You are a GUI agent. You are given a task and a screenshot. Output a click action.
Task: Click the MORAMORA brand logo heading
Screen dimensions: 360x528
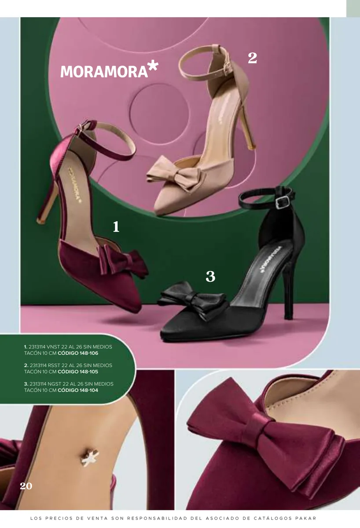pyautogui.click(x=109, y=69)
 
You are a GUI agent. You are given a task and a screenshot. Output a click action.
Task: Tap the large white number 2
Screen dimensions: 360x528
pyautogui.click(x=252, y=58)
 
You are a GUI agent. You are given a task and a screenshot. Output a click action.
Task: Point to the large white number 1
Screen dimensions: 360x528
pyautogui.click(x=116, y=227)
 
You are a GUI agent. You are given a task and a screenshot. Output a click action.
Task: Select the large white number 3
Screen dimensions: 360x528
pyautogui.click(x=210, y=276)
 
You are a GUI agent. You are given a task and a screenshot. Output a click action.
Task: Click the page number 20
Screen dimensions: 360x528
pyautogui.click(x=26, y=486)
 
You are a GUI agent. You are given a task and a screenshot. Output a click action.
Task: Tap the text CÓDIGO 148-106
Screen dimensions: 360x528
pyautogui.click(x=78, y=353)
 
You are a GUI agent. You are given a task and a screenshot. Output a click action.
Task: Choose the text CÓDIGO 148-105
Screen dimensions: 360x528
pyautogui.click(x=78, y=372)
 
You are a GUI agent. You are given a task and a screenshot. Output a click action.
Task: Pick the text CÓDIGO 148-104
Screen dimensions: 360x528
pyautogui.click(x=78, y=390)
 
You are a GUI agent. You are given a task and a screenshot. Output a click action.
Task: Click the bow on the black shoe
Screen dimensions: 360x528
pyautogui.click(x=192, y=299)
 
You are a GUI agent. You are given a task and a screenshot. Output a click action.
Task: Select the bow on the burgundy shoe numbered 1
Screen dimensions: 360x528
pyautogui.click(x=123, y=260)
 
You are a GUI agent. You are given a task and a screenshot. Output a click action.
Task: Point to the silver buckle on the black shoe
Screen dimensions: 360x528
pyautogui.click(x=283, y=202)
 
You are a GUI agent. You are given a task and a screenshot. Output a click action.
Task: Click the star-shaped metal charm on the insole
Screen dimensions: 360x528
pyautogui.click(x=90, y=458)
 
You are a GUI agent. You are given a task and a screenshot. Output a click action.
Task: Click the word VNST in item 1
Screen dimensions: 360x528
pyautogui.click(x=53, y=347)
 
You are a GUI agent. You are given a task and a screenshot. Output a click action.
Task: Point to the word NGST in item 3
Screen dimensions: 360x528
pyautogui.click(x=54, y=384)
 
